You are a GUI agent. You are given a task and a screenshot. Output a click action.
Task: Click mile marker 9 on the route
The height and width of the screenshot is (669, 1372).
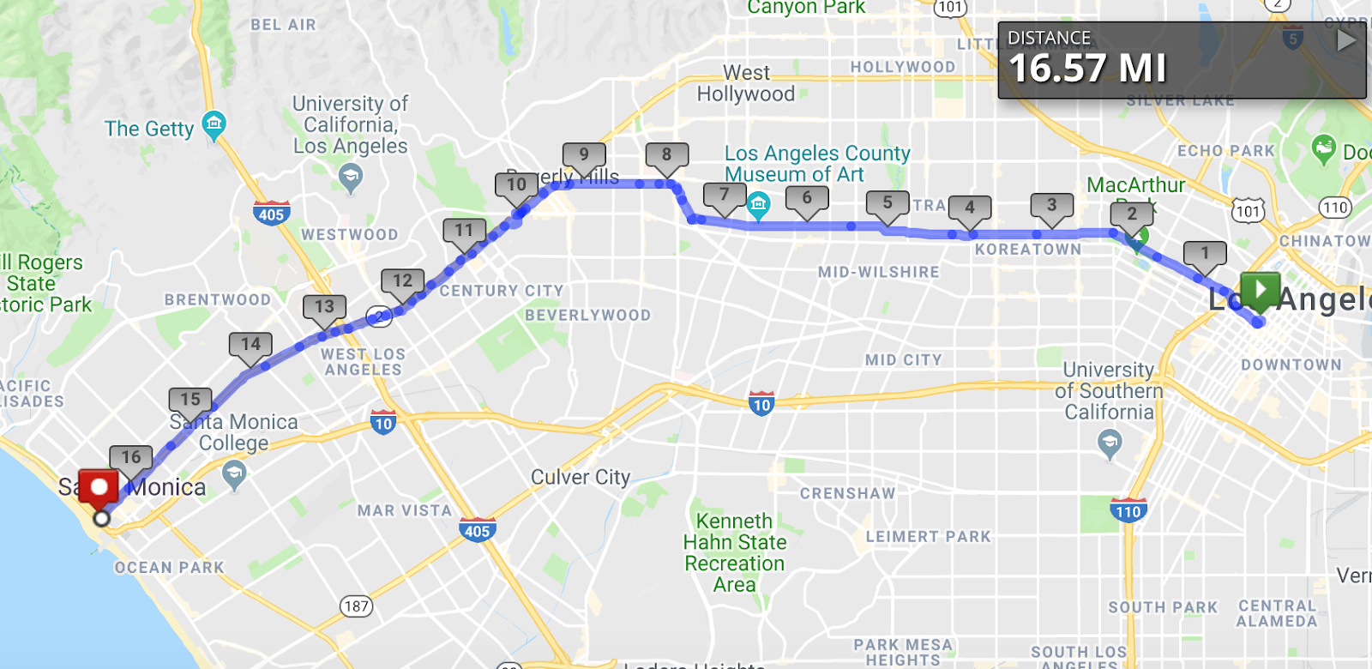click(584, 155)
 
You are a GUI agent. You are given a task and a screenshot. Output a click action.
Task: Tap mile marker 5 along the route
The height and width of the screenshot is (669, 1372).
click(888, 203)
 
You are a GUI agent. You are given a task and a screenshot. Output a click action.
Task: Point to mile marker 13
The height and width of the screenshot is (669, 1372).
click(324, 307)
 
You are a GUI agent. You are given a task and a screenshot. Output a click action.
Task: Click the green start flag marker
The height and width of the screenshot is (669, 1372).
click(1260, 290)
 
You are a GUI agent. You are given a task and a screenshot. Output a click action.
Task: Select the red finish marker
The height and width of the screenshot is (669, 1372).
click(99, 487)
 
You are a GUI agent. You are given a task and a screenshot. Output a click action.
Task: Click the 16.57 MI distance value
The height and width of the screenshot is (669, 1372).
click(1087, 69)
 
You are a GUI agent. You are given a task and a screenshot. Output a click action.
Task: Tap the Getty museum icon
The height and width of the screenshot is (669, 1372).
click(214, 124)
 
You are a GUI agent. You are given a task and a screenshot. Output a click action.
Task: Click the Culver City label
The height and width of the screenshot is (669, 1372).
click(581, 477)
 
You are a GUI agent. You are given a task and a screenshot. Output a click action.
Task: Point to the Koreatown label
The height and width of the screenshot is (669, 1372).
click(1028, 250)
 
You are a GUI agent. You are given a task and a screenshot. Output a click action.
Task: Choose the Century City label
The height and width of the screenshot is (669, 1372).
click(502, 292)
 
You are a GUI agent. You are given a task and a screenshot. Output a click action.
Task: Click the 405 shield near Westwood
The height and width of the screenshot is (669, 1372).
click(271, 214)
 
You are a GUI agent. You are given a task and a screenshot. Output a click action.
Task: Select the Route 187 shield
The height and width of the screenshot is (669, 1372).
click(356, 606)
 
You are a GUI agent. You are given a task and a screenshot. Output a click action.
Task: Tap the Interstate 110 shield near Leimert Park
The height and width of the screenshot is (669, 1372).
click(1128, 510)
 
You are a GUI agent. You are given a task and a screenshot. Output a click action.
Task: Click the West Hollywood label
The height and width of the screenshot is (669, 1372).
click(746, 83)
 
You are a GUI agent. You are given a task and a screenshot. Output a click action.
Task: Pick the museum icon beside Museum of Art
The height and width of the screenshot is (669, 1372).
click(758, 204)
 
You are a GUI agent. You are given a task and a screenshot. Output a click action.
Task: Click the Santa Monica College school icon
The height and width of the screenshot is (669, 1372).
click(233, 473)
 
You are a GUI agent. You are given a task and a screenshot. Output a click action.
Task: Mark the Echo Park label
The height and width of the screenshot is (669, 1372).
click(1226, 151)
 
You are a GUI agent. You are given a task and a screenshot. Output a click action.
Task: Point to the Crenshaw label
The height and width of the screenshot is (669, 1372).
click(847, 494)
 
